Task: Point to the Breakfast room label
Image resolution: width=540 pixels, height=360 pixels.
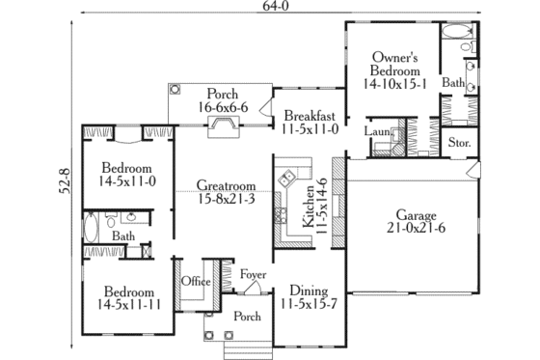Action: (x=309, y=117)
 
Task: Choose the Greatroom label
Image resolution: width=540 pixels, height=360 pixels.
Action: (x=226, y=184)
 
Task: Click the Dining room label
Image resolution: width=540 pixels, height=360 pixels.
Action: (x=309, y=291)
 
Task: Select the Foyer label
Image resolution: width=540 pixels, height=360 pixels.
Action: (x=254, y=275)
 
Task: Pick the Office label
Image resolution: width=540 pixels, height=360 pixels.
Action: (x=197, y=281)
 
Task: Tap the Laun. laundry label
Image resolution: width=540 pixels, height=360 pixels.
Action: (x=377, y=131)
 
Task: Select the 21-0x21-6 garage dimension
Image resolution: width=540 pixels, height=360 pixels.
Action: (x=418, y=230)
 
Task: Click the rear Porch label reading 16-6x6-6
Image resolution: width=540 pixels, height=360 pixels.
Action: (x=224, y=101)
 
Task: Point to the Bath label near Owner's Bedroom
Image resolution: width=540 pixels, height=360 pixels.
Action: (x=453, y=84)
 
